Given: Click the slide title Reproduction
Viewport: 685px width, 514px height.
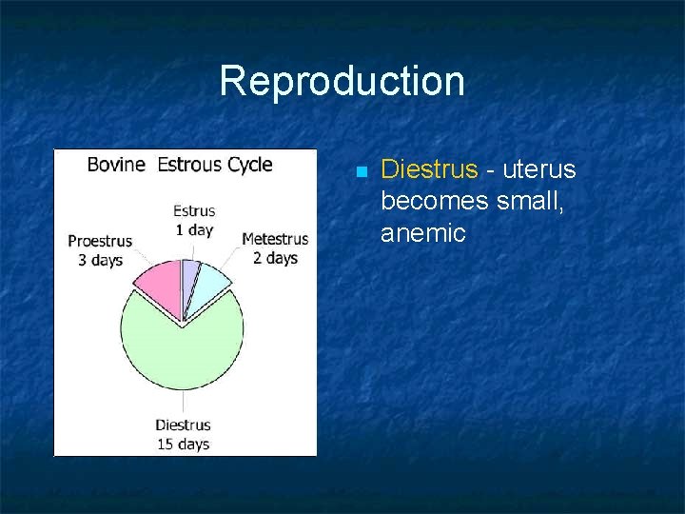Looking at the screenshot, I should [x=342, y=81].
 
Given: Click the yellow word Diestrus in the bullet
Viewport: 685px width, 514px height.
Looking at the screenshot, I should [x=428, y=169].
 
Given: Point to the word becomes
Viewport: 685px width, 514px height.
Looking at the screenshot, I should [x=435, y=201].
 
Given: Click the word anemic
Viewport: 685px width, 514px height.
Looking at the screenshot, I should [x=422, y=232].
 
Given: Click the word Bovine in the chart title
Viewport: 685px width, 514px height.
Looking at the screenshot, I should [x=116, y=165].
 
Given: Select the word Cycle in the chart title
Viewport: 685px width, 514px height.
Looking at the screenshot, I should [x=250, y=165].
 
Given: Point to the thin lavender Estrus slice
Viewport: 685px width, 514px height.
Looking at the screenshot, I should [x=189, y=275].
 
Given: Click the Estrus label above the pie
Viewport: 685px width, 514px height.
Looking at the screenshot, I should [x=194, y=211].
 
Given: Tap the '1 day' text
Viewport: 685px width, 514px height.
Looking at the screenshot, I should [x=194, y=230].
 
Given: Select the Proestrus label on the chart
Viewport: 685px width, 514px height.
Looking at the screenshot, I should [x=100, y=242].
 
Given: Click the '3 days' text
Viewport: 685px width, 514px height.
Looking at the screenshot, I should [x=100, y=260].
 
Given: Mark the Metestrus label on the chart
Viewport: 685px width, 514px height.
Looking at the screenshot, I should [x=275, y=240].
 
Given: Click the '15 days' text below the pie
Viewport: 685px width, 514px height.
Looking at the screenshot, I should [x=183, y=444].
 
